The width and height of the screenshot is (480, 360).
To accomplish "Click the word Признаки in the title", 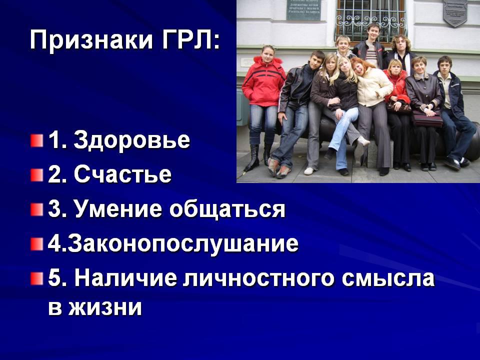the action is click(x=90, y=40).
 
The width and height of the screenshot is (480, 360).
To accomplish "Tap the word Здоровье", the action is click(x=132, y=140).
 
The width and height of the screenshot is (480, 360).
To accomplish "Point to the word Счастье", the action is click(x=122, y=174).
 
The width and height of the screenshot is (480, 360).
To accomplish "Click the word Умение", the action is click(x=117, y=209).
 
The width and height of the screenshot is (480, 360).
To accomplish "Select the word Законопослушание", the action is click(x=183, y=244).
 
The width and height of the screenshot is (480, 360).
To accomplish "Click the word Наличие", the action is click(x=126, y=278).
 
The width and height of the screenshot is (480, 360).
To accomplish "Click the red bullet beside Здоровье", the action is click(x=36, y=141).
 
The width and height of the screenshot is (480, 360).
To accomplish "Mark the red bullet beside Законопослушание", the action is click(x=36, y=244).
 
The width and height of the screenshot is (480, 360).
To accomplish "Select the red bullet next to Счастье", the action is click(x=36, y=175).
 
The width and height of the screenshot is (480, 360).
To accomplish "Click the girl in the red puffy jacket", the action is click(x=263, y=104).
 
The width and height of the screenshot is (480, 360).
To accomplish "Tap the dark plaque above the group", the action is click(x=303, y=10).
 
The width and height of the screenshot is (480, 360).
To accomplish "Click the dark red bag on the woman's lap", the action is click(x=427, y=118).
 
